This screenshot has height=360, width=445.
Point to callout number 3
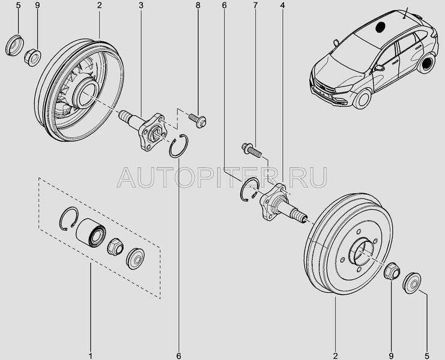[141, 7]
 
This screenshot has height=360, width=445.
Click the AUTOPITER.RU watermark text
[222, 176]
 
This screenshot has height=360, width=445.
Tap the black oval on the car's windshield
[381, 27]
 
